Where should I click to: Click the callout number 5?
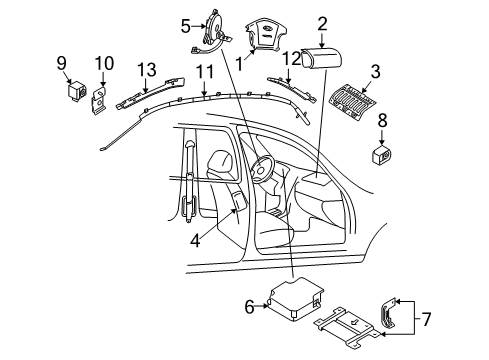(186, 26)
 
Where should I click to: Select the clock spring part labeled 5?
(213, 33)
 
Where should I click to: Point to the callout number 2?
(322, 23)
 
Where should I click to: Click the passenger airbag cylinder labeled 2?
(322, 58)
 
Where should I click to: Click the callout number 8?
(382, 121)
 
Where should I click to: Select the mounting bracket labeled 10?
(99, 101)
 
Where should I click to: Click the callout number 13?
(147, 70)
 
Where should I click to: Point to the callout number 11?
(204, 72)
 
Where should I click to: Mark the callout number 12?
(292, 59)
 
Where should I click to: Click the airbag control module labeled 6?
(296, 298)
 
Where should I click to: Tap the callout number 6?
(249, 307)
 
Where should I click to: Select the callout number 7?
(426, 319)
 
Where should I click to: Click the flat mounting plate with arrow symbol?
(348, 328)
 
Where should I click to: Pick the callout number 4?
(195, 240)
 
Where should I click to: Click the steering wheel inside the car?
(263, 169)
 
